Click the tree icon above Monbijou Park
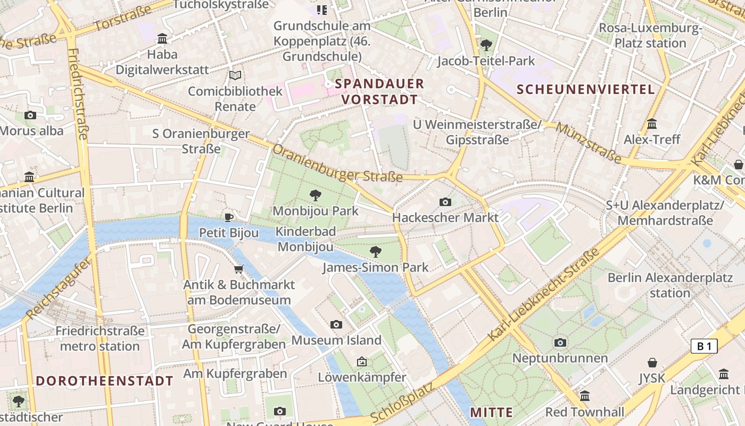click(316, 195)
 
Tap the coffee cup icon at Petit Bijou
click(229, 217)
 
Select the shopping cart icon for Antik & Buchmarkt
click(239, 269)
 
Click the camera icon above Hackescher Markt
click(445, 202)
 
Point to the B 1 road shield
click(704, 346)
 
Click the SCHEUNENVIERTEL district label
click(585, 89)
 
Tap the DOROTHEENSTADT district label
click(104, 381)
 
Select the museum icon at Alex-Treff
click(652, 124)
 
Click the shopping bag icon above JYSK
click(652, 363)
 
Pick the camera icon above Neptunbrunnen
click(560, 342)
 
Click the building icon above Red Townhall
click(585, 396)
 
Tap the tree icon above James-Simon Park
click(375, 251)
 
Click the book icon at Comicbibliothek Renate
click(235, 76)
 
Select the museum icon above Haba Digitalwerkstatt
click(162, 38)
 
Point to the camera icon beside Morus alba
click(30, 115)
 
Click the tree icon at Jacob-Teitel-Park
click(485, 45)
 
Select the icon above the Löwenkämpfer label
click(362, 362)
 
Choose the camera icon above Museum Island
click(336, 324)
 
